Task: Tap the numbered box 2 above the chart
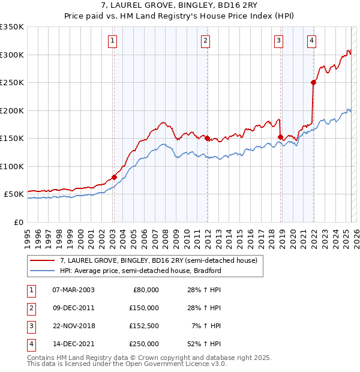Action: (205, 41)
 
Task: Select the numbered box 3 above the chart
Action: (279, 41)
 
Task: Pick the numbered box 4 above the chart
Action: (312, 41)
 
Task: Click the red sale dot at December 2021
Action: (313, 83)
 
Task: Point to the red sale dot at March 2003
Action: (114, 177)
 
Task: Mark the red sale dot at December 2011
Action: (208, 138)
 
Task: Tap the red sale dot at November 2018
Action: (280, 137)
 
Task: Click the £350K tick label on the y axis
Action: (12, 27)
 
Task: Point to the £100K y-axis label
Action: (12, 166)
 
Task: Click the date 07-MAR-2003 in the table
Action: (74, 290)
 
